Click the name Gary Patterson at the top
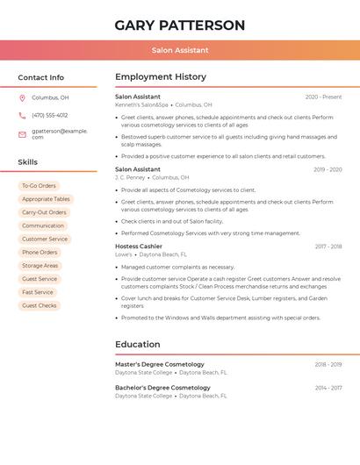pyautogui.click(x=180, y=25)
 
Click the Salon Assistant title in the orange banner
pyautogui.click(x=180, y=51)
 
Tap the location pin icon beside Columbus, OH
pyautogui.click(x=22, y=98)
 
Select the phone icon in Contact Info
pyautogui.click(x=22, y=116)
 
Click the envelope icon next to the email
pyautogui.click(x=22, y=134)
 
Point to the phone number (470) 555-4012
pyautogui.click(x=50, y=116)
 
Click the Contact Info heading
pyautogui.click(x=41, y=77)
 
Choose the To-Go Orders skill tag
pyautogui.click(x=39, y=186)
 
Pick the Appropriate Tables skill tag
pyautogui.click(x=46, y=199)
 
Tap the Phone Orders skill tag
pyautogui.click(x=40, y=253)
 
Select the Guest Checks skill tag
pyautogui.click(x=40, y=305)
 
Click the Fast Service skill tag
pyautogui.click(x=38, y=292)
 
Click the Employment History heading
pyautogui.click(x=161, y=77)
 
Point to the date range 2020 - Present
pyautogui.click(x=323, y=97)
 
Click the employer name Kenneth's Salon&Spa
pyautogui.click(x=141, y=104)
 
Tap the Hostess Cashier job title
pyautogui.click(x=139, y=247)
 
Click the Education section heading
pyautogui.click(x=138, y=344)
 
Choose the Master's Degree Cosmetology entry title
pyautogui.click(x=160, y=364)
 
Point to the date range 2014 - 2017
pyautogui.click(x=328, y=388)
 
